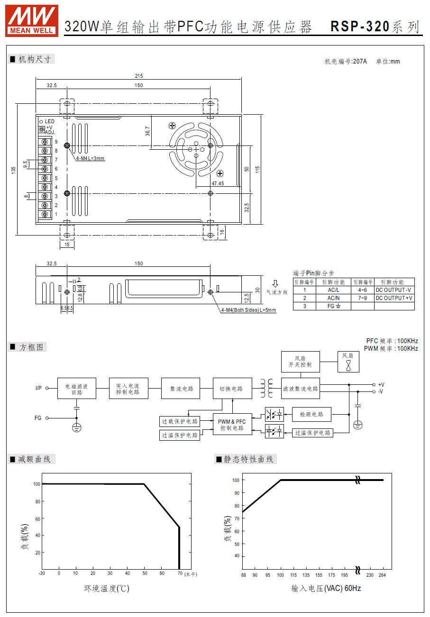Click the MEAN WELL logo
pyautogui.click(x=32, y=21)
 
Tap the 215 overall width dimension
pyautogui.click(x=139, y=76)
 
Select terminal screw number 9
pyautogui.click(x=45, y=142)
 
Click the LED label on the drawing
pyautogui.click(x=50, y=121)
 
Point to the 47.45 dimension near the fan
pyautogui.click(x=218, y=183)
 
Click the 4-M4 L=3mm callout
pyautogui.click(x=91, y=158)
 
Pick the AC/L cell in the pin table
pyautogui.click(x=334, y=290)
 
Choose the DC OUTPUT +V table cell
pyautogui.click(x=394, y=298)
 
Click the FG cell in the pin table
pyautogui.click(x=334, y=306)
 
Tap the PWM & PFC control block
pyautogui.click(x=232, y=425)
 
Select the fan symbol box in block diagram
pyautogui.click(x=348, y=362)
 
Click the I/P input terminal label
pyautogui.click(x=38, y=388)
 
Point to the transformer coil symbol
pyautogui.click(x=266, y=388)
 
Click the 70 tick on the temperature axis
pyautogui.click(x=180, y=573)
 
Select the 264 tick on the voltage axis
pyautogui.click(x=382, y=575)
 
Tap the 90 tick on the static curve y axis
pyautogui.click(x=237, y=493)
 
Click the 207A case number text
pyautogui.click(x=360, y=62)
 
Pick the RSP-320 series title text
pyautogui.click(x=375, y=27)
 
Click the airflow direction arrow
pyautogui.click(x=275, y=284)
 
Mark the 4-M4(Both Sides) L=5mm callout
pyautogui.click(x=248, y=310)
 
